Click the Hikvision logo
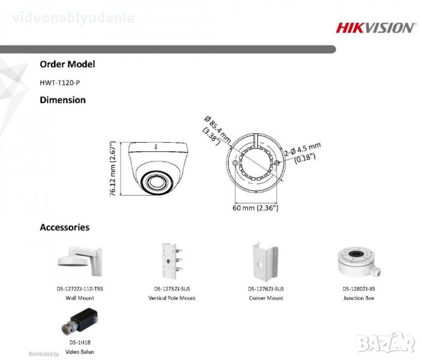(375, 28)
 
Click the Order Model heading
(67, 64)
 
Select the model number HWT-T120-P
(60, 83)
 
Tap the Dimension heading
(63, 100)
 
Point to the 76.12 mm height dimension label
(113, 169)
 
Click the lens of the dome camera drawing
(156, 182)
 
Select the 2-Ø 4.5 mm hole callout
(303, 153)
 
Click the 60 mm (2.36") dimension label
(255, 208)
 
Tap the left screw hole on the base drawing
(235, 163)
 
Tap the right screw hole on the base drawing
(277, 163)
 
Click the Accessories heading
(65, 227)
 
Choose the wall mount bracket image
(80, 261)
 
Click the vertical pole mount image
(171, 261)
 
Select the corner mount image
(265, 262)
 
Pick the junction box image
(359, 262)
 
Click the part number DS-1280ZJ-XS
(358, 289)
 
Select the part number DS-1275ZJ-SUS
(172, 289)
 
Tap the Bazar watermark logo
(385, 343)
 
